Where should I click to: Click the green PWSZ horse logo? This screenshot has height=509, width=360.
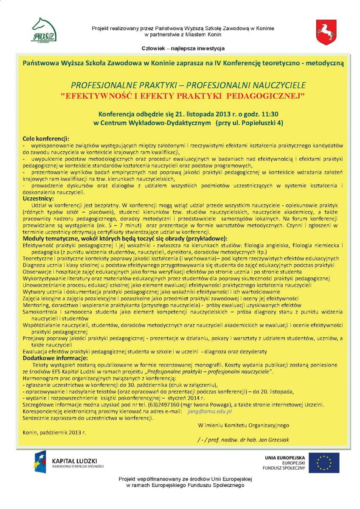(x=44, y=29)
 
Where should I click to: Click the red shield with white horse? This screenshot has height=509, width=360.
(x=326, y=32)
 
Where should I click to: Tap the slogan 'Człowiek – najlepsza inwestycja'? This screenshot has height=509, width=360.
(x=183, y=48)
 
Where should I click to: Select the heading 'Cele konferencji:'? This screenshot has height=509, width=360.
(x=45, y=139)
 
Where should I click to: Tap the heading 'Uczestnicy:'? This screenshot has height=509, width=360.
(x=38, y=199)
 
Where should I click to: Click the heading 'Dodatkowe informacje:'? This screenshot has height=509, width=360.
(x=52, y=358)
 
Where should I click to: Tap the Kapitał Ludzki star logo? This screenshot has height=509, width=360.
(x=40, y=462)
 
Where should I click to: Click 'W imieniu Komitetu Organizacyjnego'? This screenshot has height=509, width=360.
(x=243, y=425)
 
